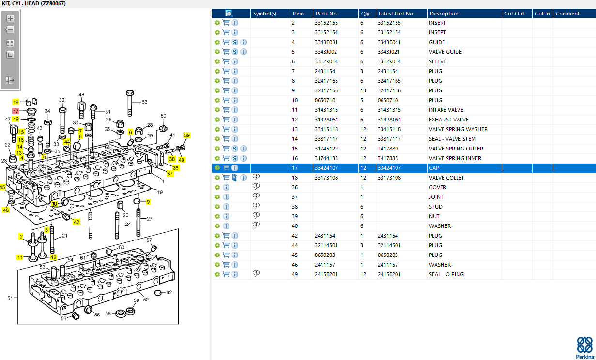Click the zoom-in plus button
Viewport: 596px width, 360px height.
(10, 18)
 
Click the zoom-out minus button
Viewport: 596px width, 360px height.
(10, 29)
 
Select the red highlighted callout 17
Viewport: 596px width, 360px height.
(15, 111)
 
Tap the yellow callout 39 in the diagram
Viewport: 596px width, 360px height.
(187, 135)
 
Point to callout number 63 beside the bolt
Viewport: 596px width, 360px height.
(144, 102)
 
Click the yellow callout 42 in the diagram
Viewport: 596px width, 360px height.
(76, 222)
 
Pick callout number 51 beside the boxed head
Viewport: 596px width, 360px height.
(10, 298)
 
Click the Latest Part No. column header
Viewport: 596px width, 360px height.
(396, 14)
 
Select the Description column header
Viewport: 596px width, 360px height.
(444, 14)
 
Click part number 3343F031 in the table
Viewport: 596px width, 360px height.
(326, 42)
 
